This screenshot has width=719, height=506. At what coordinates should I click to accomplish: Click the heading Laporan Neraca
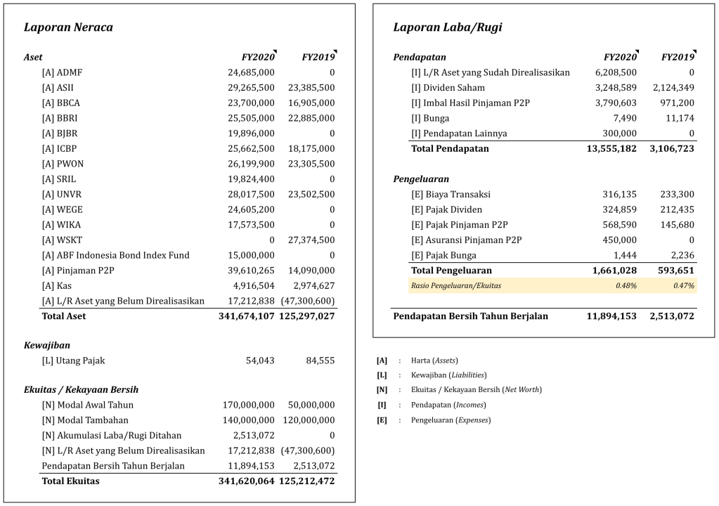tap(68, 27)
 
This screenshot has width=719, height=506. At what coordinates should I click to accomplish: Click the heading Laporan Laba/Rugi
tap(448, 27)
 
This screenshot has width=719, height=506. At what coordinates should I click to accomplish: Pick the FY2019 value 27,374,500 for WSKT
tap(311, 240)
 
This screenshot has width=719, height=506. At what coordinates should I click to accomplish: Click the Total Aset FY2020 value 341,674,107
tap(246, 316)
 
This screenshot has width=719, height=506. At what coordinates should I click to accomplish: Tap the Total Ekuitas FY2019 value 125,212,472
tap(306, 481)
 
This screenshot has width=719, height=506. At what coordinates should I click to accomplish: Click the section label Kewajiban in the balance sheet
tap(46, 345)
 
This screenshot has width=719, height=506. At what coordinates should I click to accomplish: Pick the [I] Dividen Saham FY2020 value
tap(616, 88)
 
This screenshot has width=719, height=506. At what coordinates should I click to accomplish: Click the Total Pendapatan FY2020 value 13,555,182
tap(611, 148)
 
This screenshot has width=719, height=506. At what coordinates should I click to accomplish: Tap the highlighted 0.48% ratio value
tap(627, 285)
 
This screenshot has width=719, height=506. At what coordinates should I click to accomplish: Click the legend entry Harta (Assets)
tap(434, 361)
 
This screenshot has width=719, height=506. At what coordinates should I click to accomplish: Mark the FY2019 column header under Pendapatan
tap(678, 57)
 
